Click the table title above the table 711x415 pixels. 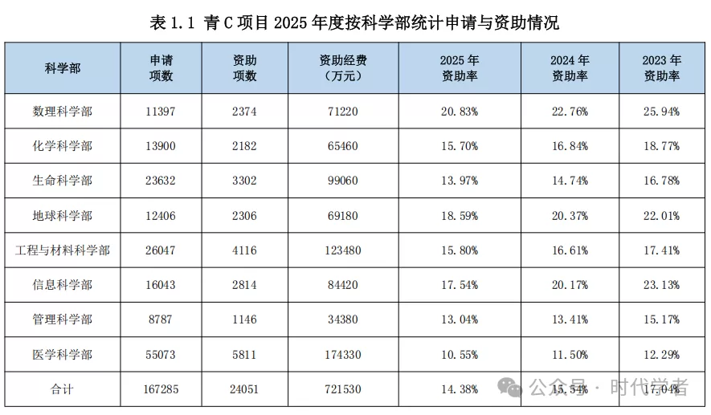[354, 22]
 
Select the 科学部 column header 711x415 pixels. [63, 68]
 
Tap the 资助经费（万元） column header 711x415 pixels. [343, 68]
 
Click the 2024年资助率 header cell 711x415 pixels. [570, 68]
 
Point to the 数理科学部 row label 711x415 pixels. [63, 112]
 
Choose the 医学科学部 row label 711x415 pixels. [63, 354]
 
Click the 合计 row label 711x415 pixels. [62, 389]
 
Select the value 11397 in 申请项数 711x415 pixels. [161, 112]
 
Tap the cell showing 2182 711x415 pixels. [244, 146]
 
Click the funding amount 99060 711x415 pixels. [343, 181]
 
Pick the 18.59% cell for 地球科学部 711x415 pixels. [460, 216]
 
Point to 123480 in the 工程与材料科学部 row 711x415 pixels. [343, 250]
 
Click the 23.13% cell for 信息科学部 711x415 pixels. [661, 285]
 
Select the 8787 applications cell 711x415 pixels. [161, 319]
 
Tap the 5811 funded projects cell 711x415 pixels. [244, 354]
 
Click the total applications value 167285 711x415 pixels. [161, 389]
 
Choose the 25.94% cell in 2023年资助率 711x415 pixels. [661, 112]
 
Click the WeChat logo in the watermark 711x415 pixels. [509, 388]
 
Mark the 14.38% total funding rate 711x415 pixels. [460, 389]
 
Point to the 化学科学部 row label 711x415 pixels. [63, 146]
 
